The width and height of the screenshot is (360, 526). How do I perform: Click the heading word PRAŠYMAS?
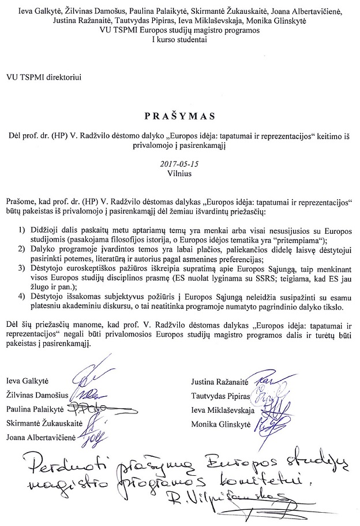click(180, 116)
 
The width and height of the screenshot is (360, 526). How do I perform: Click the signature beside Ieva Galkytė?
click(81, 379)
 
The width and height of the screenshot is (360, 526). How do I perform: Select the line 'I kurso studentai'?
click(179, 40)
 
